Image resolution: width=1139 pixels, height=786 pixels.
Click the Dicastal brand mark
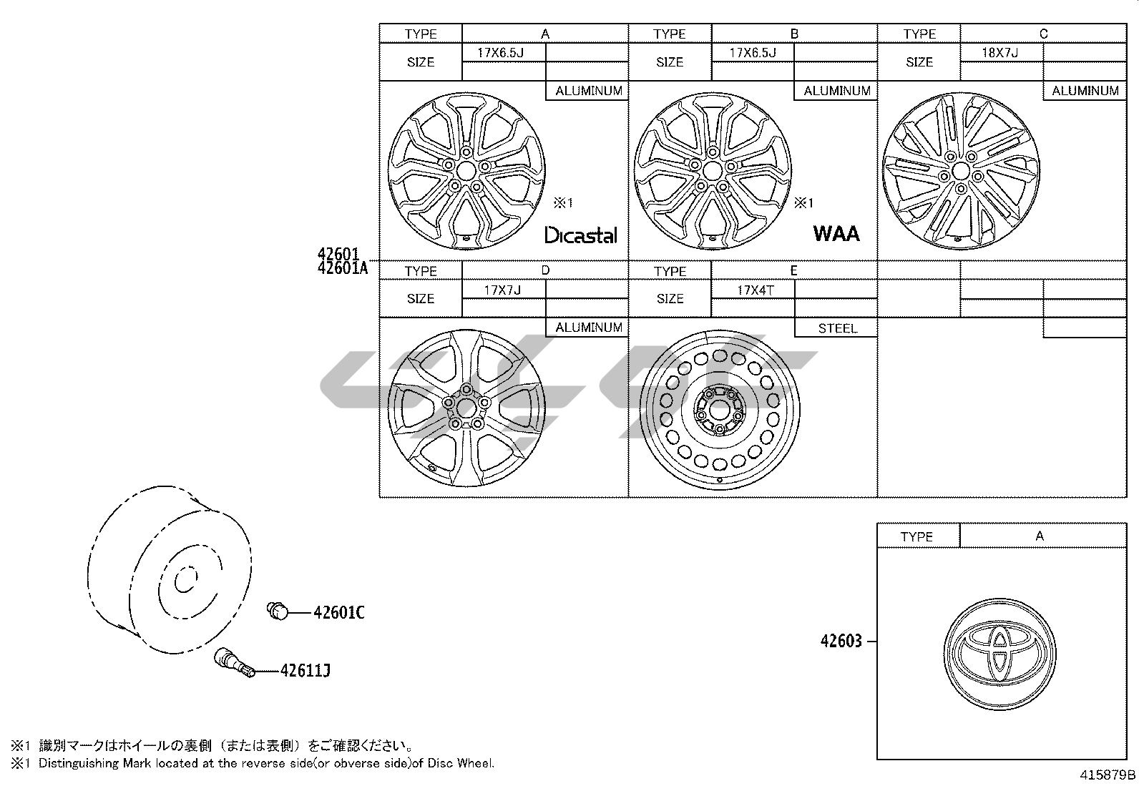tap(581, 235)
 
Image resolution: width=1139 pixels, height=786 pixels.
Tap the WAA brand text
tap(836, 233)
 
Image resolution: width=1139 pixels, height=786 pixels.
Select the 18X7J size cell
tap(999, 52)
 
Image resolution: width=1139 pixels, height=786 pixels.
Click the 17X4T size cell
tap(756, 290)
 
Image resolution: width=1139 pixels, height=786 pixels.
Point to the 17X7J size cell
tap(502, 290)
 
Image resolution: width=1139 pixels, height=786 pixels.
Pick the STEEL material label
tap(838, 328)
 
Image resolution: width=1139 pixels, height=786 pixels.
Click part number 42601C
tap(339, 612)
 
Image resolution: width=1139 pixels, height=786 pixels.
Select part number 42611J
tap(305, 671)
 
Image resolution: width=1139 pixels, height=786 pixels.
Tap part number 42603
tap(841, 641)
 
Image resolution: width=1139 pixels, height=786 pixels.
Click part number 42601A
tap(342, 268)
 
